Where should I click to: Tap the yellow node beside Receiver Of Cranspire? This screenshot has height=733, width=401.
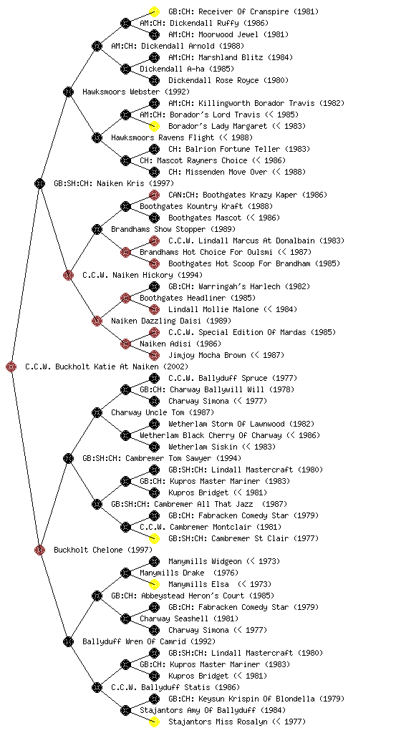click(x=154, y=11)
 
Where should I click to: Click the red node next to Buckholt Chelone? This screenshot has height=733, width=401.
click(x=39, y=550)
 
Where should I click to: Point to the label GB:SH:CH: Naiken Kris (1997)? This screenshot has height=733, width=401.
click(x=114, y=183)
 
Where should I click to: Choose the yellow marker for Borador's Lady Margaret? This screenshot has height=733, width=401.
click(x=154, y=126)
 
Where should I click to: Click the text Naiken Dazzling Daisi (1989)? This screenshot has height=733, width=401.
click(x=171, y=321)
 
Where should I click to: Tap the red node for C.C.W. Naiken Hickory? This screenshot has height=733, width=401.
click(x=68, y=275)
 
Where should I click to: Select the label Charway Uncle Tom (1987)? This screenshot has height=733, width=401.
click(x=163, y=412)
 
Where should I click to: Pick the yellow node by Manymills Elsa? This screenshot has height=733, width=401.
click(x=154, y=584)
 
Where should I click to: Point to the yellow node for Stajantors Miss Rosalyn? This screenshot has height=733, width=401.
click(x=154, y=722)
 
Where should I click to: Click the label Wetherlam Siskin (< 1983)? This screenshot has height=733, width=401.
click(x=222, y=447)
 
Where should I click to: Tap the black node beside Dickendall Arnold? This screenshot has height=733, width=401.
click(x=97, y=46)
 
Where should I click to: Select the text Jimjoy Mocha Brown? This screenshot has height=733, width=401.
click(x=207, y=355)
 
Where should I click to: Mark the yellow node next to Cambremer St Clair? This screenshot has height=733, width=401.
click(x=154, y=538)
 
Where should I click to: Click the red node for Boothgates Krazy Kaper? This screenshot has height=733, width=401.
click(x=154, y=195)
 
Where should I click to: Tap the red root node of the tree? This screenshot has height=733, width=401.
click(x=11, y=366)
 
